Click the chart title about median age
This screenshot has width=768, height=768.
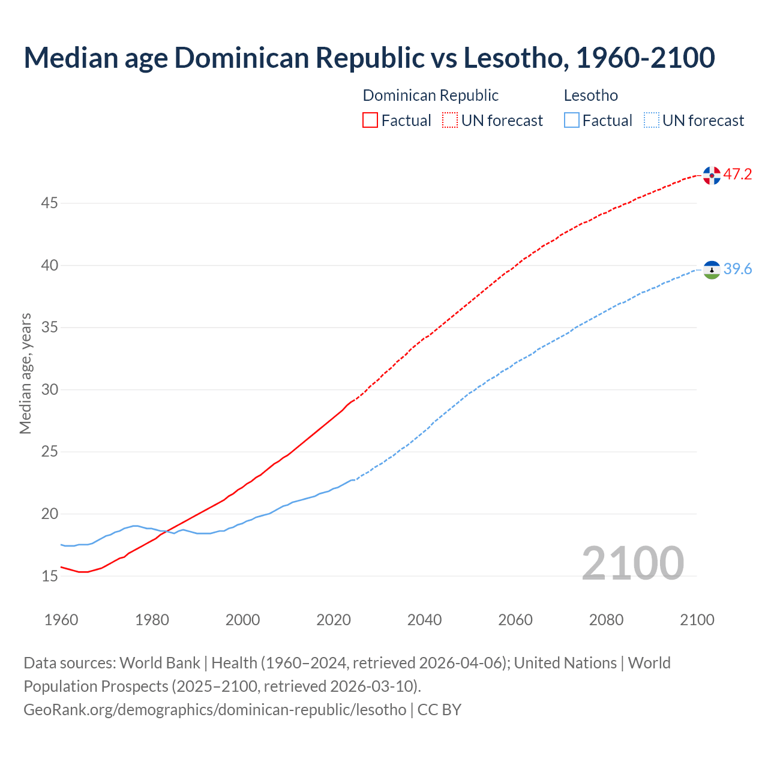[x=369, y=58]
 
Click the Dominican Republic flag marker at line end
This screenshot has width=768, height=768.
[x=712, y=175]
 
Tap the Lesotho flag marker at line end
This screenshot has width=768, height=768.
[x=712, y=270]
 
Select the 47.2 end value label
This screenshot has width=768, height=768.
[x=737, y=175]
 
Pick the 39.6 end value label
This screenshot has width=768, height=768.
[x=737, y=269]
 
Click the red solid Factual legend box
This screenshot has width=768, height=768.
[x=370, y=121]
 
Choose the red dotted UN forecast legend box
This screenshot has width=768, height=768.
[x=450, y=121]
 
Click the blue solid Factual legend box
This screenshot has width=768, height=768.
[x=572, y=121]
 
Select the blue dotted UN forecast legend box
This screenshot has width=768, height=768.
[x=651, y=121]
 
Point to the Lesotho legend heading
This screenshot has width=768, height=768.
[x=590, y=95]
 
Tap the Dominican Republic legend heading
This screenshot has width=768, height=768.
[x=430, y=95]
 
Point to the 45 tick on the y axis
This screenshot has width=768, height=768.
[x=49, y=203]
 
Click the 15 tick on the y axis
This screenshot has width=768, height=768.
[x=49, y=576]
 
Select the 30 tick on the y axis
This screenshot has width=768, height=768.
[x=49, y=390]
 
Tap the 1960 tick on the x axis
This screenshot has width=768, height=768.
[x=61, y=620]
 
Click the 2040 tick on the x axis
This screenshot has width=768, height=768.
[x=424, y=620]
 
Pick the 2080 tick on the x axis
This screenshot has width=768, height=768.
[x=606, y=620]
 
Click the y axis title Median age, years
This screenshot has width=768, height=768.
[x=25, y=373]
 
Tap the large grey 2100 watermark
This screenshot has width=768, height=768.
[x=632, y=563]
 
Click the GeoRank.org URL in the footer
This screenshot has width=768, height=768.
[x=215, y=710]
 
